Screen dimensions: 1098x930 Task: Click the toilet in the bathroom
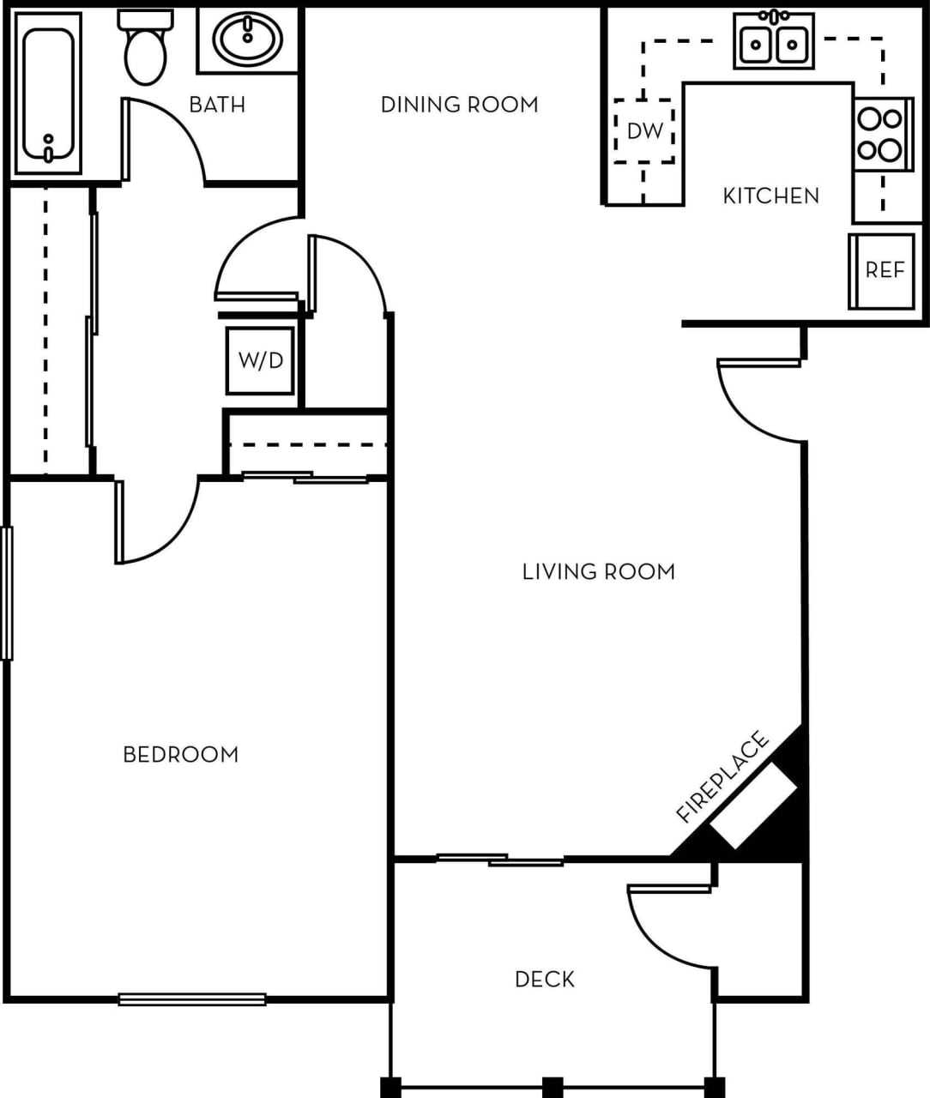144,50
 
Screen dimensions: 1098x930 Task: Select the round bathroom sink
247,39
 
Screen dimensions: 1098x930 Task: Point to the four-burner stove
881,135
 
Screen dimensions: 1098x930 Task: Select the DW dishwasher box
644,131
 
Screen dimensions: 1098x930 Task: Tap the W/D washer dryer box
260,360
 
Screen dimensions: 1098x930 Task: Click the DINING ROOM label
459,105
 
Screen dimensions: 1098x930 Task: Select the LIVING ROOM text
598,571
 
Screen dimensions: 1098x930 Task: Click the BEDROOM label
180,755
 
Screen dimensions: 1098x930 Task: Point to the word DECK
545,979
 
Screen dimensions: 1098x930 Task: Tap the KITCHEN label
770,196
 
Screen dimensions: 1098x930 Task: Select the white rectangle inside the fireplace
752,806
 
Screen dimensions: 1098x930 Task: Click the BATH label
217,105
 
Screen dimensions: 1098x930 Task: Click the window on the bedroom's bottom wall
192,998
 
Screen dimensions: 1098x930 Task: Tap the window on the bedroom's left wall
7,593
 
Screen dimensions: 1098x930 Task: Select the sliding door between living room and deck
500,859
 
